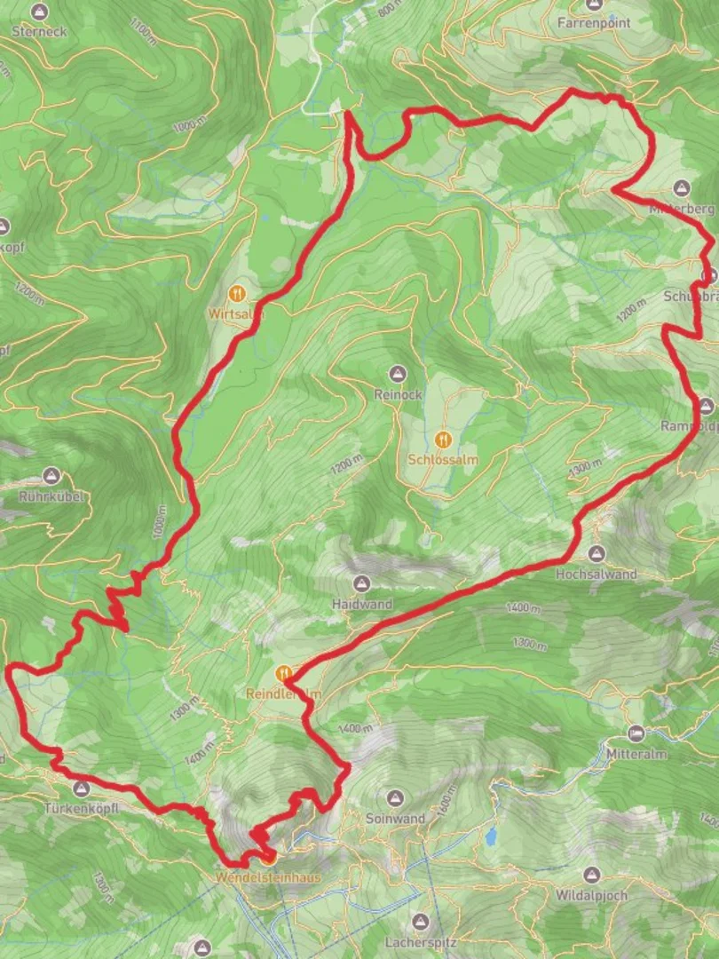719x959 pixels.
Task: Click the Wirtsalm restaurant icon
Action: tap(236, 293)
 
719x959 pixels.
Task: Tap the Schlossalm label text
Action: tap(443, 460)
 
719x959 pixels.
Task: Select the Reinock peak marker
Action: tap(397, 373)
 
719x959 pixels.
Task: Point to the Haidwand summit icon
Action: tap(361, 583)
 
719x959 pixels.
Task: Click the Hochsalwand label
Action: tap(596, 575)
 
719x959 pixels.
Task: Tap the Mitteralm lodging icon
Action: tap(636, 733)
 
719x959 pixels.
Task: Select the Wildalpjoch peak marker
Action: tap(591, 876)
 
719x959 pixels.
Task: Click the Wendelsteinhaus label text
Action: tap(268, 876)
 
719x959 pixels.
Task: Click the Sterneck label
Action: tap(38, 31)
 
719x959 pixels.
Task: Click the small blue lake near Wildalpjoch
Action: tap(491, 836)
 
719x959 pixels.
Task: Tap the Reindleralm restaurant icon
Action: tap(285, 674)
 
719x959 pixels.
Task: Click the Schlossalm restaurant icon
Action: tap(443, 439)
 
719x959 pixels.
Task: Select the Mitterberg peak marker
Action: tap(682, 188)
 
